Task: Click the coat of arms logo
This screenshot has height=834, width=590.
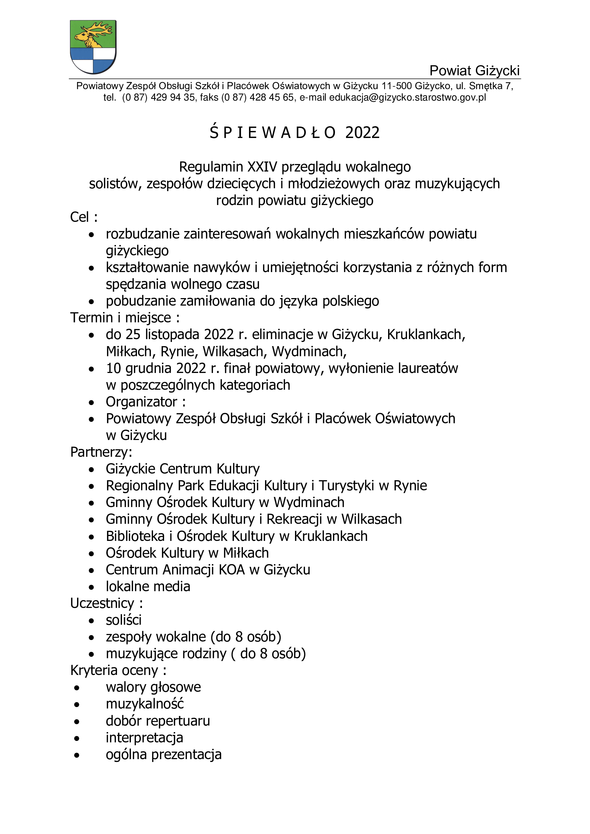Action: tap(93, 47)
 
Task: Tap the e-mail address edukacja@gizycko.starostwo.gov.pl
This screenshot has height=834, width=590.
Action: tap(407, 97)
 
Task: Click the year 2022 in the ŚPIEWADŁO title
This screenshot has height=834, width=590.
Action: tap(362, 133)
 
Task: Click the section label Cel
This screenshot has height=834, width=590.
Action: tap(79, 217)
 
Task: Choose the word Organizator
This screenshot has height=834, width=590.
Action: tap(141, 402)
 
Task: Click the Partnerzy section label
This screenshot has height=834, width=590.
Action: tap(101, 452)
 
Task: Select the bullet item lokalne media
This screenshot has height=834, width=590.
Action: tap(148, 586)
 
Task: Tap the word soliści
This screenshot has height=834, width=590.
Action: tap(123, 620)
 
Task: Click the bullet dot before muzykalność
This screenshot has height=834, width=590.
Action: tap(77, 705)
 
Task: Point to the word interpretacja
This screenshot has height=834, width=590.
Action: tap(144, 737)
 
